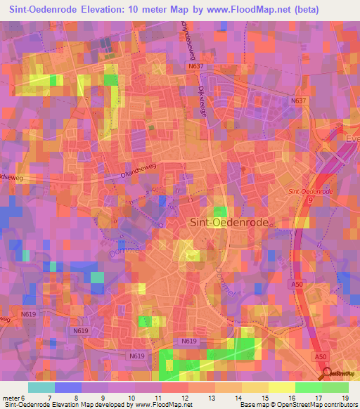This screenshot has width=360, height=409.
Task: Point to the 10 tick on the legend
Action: (133, 397)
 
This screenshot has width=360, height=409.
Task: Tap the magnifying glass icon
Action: (326, 373)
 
